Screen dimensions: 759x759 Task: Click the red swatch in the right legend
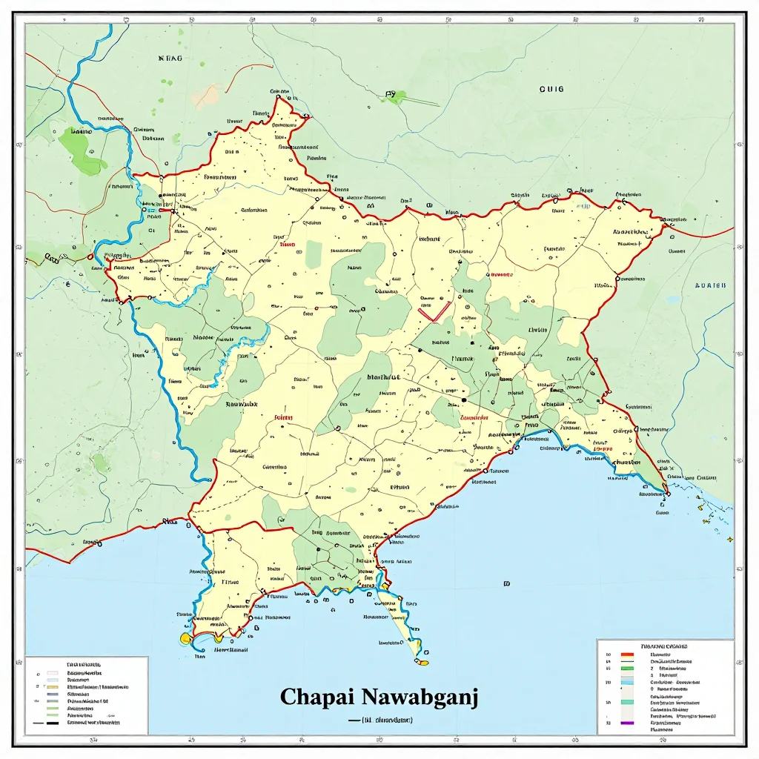pyautogui.click(x=627, y=654)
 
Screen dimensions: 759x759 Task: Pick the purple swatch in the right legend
pyautogui.click(x=627, y=723)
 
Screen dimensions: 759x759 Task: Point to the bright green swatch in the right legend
pyautogui.click(x=627, y=668)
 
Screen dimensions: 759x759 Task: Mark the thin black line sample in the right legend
pyautogui.click(x=627, y=661)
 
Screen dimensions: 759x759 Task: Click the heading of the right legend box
pyautogui.click(x=664, y=646)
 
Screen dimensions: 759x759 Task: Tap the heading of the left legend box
pyautogui.click(x=84, y=665)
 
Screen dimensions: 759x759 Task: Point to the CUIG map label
pyautogui.click(x=551, y=89)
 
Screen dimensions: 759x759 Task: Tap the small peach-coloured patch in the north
pyautogui.click(x=207, y=96)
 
